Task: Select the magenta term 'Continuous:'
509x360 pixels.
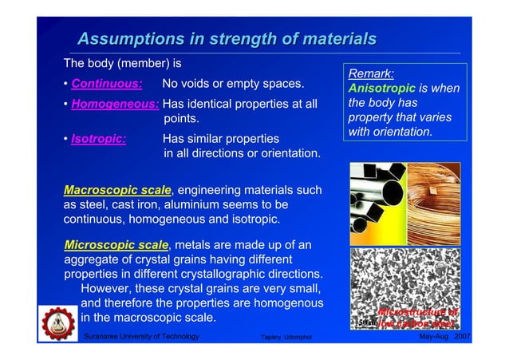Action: [x=107, y=84]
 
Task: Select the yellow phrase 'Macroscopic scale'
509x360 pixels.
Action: [x=117, y=190]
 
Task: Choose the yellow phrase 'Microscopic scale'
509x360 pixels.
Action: [x=116, y=244]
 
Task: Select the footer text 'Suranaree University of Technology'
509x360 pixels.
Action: [x=141, y=338]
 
